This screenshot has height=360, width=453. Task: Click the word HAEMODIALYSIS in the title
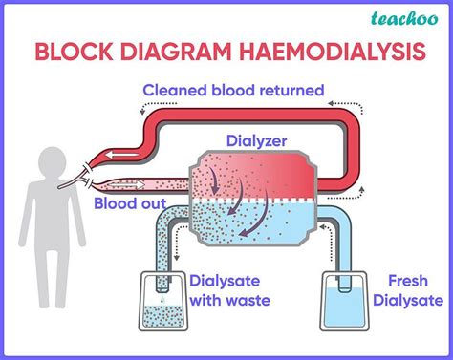point(325,53)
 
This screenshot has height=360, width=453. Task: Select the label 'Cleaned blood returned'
point(234,91)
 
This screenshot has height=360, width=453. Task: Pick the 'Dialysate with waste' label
point(229,289)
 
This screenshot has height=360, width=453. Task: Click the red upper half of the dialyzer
point(253,177)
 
